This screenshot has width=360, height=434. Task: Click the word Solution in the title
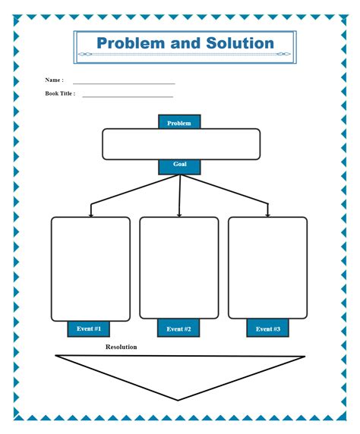coord(239,43)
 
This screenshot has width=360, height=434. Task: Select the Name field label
coord(53,80)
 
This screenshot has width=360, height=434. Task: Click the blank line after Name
coord(124,83)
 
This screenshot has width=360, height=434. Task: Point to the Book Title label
coord(60,94)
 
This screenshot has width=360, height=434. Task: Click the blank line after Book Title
coord(128,96)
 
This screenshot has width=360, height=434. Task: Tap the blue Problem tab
coord(179,122)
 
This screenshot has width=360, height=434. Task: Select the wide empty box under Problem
coord(181,144)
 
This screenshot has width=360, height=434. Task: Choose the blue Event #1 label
coord(89,329)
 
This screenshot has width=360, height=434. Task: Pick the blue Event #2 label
coord(178,329)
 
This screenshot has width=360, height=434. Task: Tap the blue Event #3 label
coord(268,329)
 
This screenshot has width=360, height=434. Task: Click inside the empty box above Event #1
coord(90,269)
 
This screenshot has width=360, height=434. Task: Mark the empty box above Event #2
coord(179,269)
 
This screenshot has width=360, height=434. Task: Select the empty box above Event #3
coord(268,269)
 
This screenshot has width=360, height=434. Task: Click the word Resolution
coord(122,347)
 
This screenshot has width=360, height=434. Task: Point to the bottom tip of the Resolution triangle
coord(178,399)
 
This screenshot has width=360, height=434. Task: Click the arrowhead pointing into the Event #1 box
coord(90,215)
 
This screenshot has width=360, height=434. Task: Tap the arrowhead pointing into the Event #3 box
coord(268,215)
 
